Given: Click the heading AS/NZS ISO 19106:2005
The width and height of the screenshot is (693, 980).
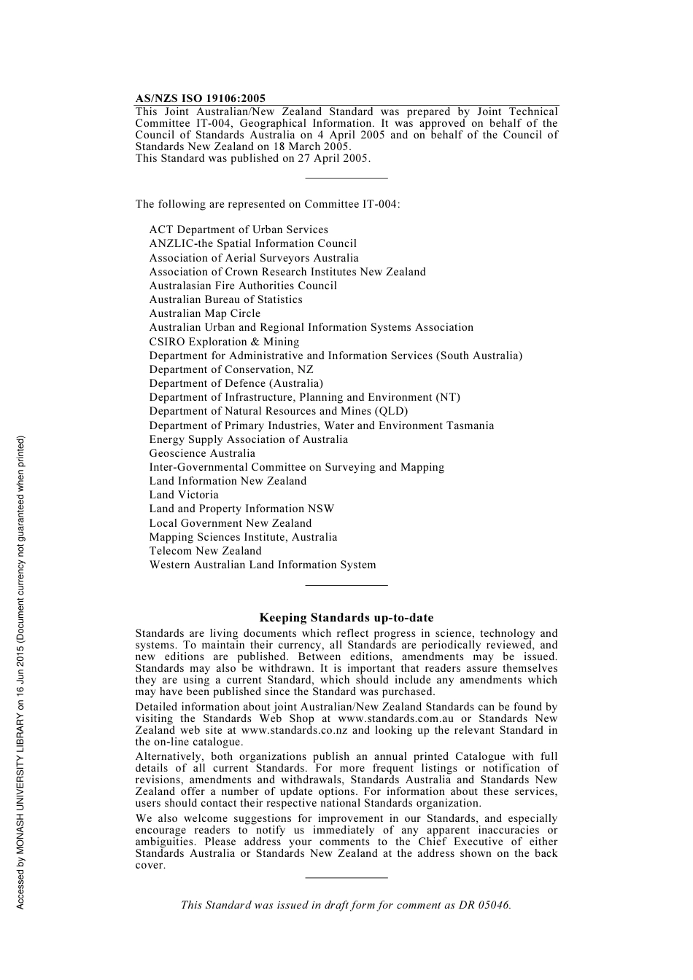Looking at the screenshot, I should tap(200, 98).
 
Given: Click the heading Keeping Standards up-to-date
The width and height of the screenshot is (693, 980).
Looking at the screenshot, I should tap(346, 618).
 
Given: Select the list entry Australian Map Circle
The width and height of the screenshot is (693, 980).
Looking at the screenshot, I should tap(205, 313).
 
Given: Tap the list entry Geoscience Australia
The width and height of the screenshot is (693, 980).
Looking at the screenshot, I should tap(202, 453).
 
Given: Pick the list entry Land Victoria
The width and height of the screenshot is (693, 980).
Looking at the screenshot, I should tap(184, 495).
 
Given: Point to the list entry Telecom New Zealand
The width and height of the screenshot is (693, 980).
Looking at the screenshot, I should tap(205, 551).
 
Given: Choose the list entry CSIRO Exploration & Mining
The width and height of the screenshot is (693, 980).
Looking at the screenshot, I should tap(224, 342).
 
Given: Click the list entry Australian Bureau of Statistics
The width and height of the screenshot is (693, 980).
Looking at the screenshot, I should tap(225, 299).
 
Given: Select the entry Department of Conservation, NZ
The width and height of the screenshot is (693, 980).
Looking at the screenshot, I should tap(231, 369).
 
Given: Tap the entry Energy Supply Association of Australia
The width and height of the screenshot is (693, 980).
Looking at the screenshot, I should tap(249, 439).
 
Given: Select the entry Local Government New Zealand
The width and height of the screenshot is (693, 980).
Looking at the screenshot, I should tap(231, 523).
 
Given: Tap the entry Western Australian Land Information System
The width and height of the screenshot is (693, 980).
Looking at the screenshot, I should tap(263, 565).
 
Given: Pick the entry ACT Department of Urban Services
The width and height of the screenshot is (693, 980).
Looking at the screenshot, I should tap(239, 230).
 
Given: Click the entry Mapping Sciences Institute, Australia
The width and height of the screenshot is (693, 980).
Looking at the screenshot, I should tap(243, 537).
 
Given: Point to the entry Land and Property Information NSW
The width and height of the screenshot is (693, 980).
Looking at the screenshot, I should tap(241, 509).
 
